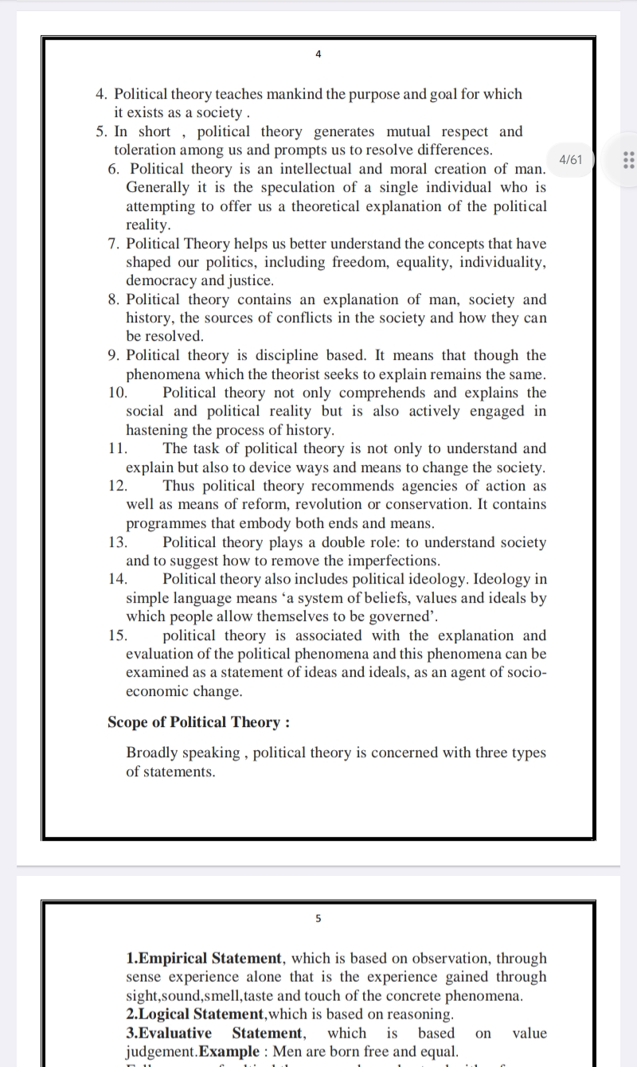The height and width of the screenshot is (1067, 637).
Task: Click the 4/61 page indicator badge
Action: point(571,159)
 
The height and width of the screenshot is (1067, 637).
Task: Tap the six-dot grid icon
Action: point(627,159)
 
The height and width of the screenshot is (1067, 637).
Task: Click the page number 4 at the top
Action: point(318,54)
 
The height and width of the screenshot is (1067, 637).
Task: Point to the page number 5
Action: point(318,918)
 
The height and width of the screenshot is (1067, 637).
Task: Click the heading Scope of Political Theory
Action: point(198,722)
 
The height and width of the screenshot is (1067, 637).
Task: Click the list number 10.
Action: point(117,393)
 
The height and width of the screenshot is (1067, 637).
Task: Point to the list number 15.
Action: point(117,635)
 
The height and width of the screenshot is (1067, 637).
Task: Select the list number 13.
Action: point(117,542)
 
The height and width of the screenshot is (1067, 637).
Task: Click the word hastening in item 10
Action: point(159,430)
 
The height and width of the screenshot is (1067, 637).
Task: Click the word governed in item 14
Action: point(394,616)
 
